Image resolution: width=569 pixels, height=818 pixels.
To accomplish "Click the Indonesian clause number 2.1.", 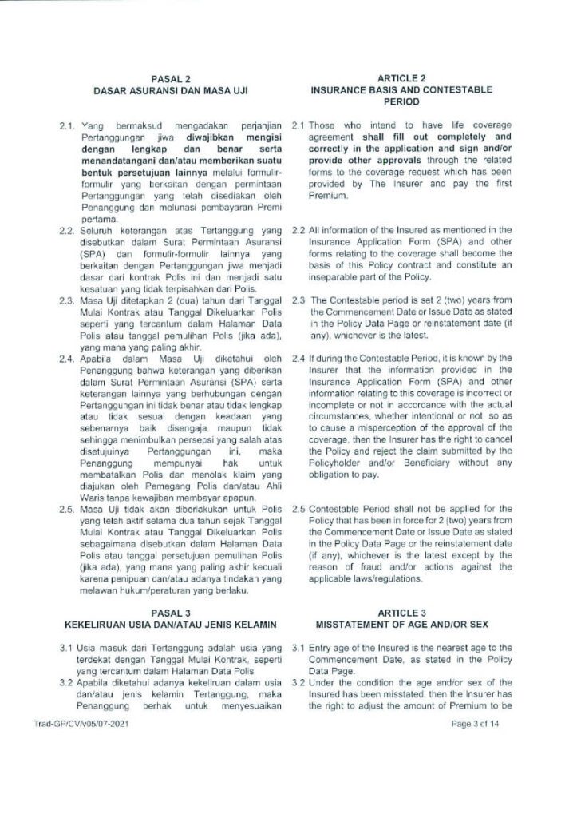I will pyautogui.click(x=67, y=125).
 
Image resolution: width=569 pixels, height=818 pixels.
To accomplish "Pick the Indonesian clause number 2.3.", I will pyautogui.click(x=67, y=300).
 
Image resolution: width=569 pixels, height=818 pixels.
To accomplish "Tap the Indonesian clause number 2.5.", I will pyautogui.click(x=67, y=508).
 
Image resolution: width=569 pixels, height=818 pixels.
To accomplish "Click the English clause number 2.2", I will pyautogui.click(x=298, y=230).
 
